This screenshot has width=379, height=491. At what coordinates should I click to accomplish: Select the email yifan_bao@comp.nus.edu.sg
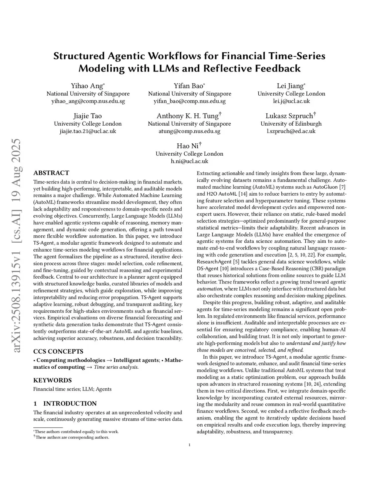[x=189, y=101]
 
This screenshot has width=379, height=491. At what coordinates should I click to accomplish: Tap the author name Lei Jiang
[x=290, y=86]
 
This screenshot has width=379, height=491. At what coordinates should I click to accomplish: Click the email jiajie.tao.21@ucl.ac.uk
[x=88, y=131]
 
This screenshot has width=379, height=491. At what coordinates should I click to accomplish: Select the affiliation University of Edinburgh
[x=291, y=124]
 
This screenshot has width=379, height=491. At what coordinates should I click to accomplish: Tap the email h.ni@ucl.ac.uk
[x=189, y=161]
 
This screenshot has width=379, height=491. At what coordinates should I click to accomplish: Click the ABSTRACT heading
[x=51, y=173]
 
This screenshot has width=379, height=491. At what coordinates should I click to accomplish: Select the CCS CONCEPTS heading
[x=58, y=351]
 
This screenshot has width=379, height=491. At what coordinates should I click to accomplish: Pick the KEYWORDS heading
[x=53, y=380]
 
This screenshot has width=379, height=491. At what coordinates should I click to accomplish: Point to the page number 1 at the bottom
[x=189, y=445]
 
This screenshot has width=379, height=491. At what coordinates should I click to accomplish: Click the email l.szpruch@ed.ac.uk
[x=291, y=131]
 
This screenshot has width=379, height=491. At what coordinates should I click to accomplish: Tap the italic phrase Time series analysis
[x=116, y=367]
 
